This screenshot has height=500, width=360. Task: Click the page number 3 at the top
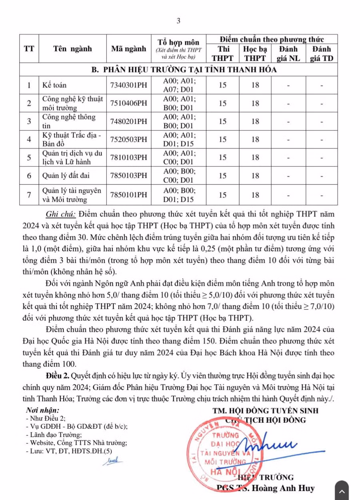point(178,21)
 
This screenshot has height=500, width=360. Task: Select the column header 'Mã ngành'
point(128,49)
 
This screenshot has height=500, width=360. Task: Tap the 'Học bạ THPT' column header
point(255,53)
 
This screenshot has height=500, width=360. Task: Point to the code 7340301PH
point(128,84)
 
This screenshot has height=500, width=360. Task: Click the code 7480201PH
point(128,121)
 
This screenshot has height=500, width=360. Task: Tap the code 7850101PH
point(128,194)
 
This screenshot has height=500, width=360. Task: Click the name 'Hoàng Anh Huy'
point(288,488)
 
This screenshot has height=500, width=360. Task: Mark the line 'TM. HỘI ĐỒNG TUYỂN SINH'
point(265,410)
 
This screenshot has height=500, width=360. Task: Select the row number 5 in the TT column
point(29,158)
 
